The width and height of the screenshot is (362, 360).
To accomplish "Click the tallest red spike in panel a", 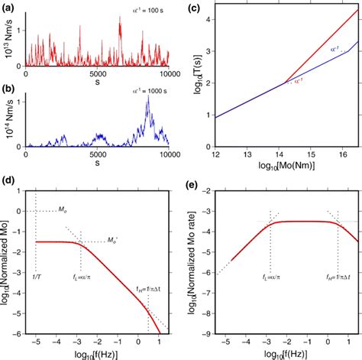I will pyautogui.click(x=118, y=21).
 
